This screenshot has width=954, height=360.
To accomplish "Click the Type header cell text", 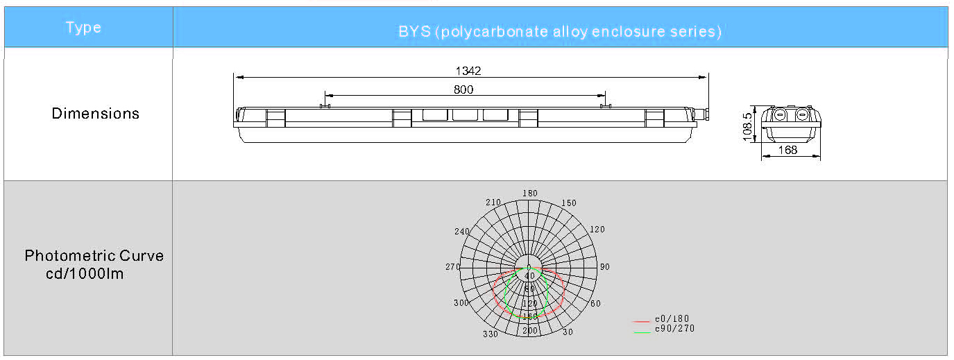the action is (x=83, y=28).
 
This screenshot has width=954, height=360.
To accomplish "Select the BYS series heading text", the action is (x=560, y=31).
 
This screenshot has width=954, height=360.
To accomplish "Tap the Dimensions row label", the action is (x=96, y=113).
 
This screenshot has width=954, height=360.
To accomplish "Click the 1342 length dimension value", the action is (x=468, y=71).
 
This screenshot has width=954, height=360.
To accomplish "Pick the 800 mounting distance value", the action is (x=463, y=89).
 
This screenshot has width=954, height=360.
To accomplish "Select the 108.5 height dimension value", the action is (x=747, y=126).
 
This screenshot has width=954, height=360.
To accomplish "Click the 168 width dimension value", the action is (x=787, y=150).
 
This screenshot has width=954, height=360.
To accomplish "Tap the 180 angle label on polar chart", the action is (x=530, y=194).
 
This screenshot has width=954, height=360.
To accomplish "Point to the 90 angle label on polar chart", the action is (x=605, y=267).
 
